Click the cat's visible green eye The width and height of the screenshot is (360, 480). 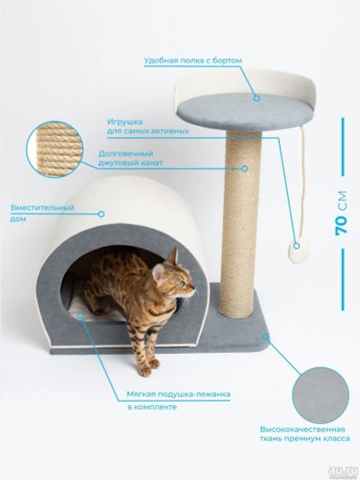[183, 284]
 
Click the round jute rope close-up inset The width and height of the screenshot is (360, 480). [55, 149]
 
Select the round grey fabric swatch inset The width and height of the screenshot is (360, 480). [320, 395]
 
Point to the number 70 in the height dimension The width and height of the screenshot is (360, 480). [341, 225]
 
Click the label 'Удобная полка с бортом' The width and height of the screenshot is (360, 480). [193, 60]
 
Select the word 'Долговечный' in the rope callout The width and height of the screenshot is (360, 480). [126, 153]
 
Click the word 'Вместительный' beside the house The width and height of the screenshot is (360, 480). [42, 207]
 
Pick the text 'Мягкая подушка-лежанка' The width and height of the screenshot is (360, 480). [178, 394]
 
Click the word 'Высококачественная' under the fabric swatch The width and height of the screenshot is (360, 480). [302, 429]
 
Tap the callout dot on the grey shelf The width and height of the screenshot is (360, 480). [256, 98]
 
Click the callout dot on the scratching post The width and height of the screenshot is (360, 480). [245, 168]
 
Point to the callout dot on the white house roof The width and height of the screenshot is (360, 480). [101, 214]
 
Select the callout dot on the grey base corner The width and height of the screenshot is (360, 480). [265, 337]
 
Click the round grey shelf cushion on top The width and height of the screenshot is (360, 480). [245, 113]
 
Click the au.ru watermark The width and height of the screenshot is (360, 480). [343, 471]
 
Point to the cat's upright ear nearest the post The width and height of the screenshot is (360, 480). [174, 256]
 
